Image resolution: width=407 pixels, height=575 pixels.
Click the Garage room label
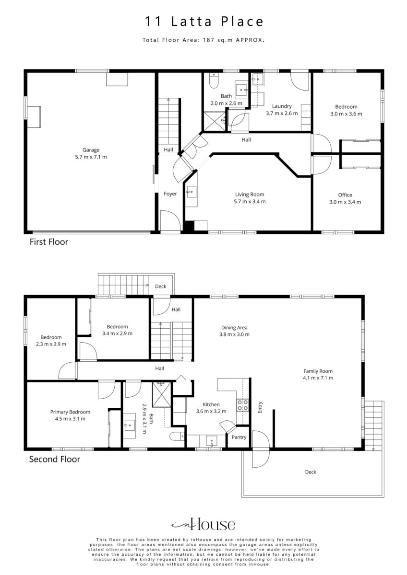point(91,149)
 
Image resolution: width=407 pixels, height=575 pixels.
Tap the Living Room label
point(250,195)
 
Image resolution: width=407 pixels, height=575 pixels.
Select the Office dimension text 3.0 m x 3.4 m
point(345,202)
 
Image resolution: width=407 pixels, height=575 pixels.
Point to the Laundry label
point(282,106)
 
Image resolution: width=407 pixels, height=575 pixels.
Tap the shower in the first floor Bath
point(215,121)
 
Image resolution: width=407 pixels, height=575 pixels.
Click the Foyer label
point(170,194)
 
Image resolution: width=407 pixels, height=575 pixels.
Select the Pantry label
point(239,437)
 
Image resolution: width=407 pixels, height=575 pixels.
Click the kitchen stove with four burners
point(242,405)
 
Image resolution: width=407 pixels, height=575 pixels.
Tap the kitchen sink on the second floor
point(211,441)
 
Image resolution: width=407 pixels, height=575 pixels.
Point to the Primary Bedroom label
point(70,412)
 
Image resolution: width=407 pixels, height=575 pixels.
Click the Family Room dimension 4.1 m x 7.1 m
point(318,378)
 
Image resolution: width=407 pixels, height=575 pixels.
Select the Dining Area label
point(234,328)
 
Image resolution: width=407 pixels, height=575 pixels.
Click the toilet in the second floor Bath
point(177,436)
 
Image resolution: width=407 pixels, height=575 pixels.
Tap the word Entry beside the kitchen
point(260,407)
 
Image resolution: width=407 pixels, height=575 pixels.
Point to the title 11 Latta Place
point(204,21)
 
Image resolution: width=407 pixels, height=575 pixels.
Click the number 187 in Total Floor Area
point(208,40)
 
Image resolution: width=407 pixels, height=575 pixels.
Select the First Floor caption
point(49,242)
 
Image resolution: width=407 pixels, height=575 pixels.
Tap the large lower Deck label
point(311,472)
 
